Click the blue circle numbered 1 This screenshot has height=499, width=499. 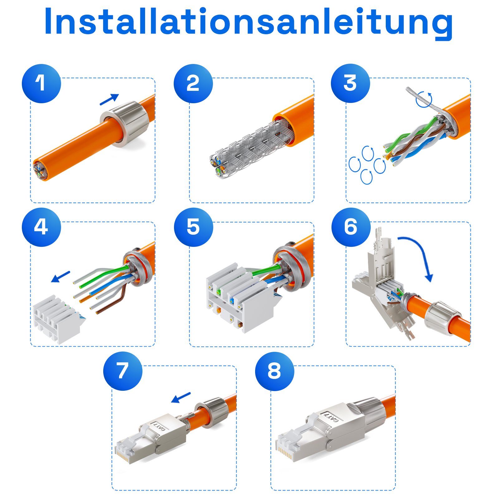coord(41,83)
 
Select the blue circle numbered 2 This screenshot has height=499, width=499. coord(193,83)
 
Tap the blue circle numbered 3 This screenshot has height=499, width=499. coord(350,83)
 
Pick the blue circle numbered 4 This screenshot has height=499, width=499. coord(41,227)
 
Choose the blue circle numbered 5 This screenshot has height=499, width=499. coord(193,227)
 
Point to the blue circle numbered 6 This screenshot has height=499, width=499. coord(351,227)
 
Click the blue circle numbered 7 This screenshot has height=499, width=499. coord(123,371)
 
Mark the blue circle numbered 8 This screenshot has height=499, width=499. coord(274,371)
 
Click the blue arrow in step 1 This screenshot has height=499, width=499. coord(109,99)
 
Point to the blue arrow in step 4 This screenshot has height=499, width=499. coord(61,276)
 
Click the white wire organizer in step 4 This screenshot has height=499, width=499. coord(56,320)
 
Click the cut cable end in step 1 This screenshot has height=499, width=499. coord(41,171)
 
